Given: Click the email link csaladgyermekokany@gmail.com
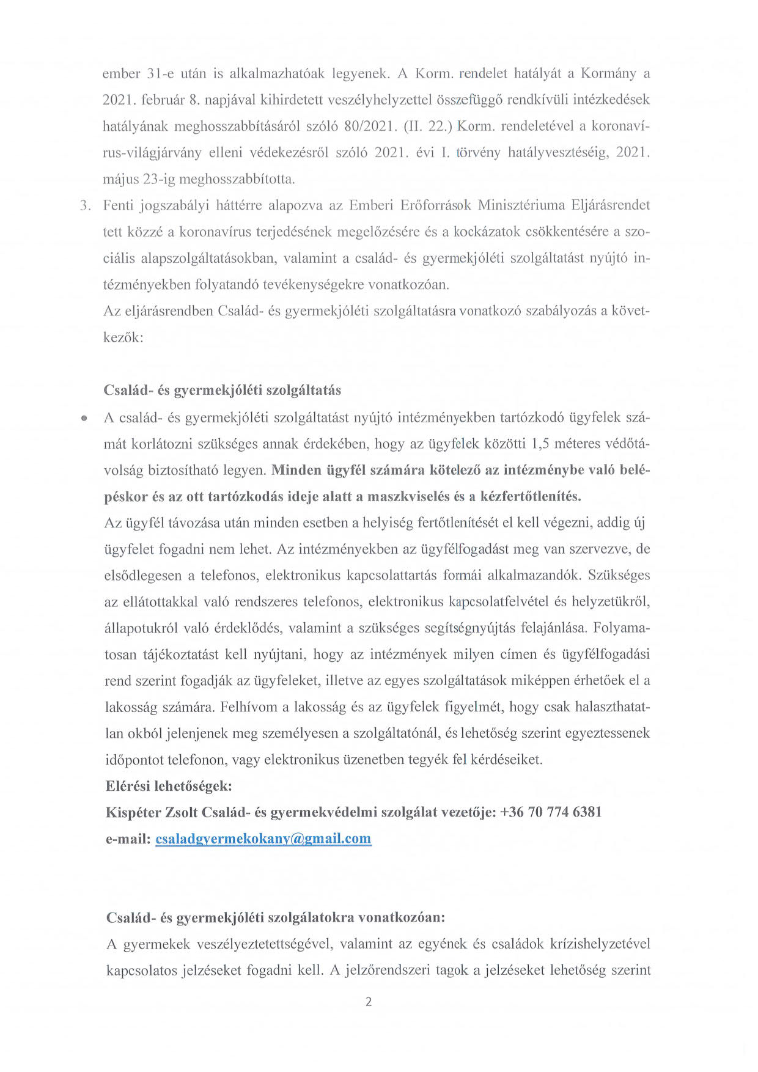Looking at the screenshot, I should [x=263, y=839].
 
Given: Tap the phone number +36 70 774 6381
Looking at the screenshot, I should [x=551, y=812].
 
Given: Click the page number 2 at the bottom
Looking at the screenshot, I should [x=368, y=1002].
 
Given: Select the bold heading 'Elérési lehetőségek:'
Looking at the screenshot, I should [x=169, y=786].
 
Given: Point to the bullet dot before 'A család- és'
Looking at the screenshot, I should [x=84, y=418].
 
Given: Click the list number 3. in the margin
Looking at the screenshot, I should [x=86, y=205].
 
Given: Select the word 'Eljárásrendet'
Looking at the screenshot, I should [x=610, y=205].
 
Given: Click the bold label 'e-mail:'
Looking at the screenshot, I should [x=128, y=839].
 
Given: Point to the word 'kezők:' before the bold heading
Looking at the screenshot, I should [x=123, y=337].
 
